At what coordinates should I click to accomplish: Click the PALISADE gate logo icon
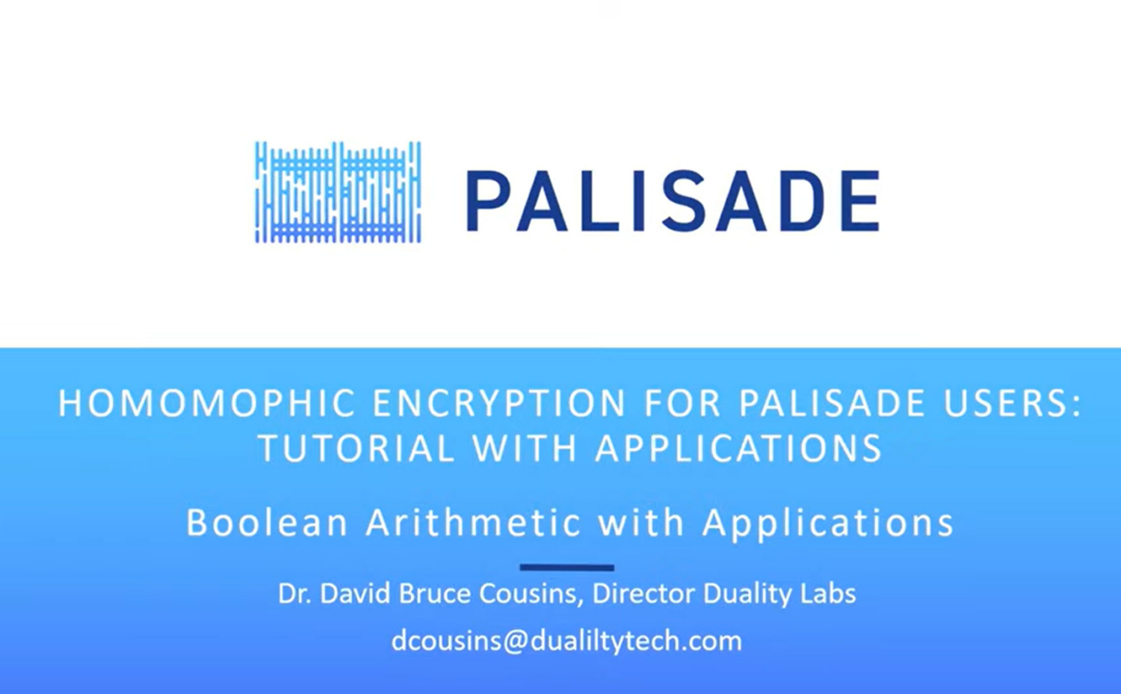click(339, 192)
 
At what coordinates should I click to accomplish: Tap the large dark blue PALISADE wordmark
click(673, 201)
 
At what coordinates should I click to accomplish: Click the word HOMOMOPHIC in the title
click(207, 402)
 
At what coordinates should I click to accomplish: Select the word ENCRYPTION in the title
click(499, 402)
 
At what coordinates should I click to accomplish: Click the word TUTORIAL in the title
click(356, 448)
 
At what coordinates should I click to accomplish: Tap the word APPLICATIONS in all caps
click(738, 448)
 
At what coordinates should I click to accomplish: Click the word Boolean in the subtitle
click(267, 522)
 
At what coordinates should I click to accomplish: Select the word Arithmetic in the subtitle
click(473, 522)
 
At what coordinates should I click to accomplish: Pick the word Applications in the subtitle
click(828, 523)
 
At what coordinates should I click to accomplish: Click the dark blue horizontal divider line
click(567, 568)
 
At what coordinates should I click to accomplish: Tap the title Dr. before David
click(295, 594)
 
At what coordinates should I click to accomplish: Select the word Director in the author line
click(644, 594)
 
